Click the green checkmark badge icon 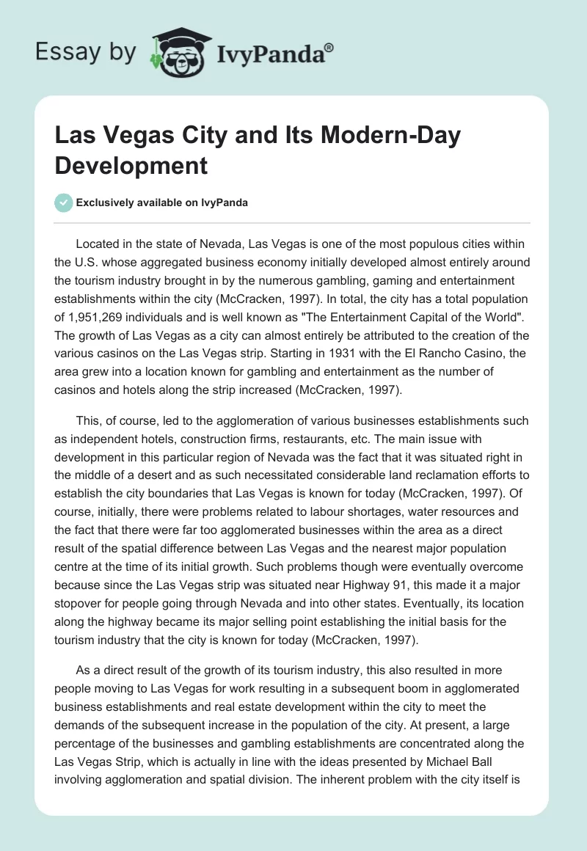point(65,202)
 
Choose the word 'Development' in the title point(131,165)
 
